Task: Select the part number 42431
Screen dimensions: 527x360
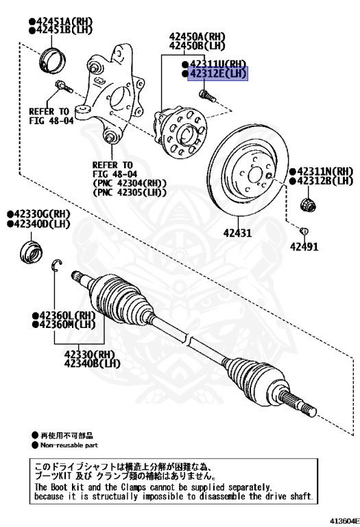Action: [237, 233]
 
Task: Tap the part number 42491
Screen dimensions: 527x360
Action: [304, 246]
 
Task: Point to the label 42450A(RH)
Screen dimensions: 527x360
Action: [197, 37]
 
